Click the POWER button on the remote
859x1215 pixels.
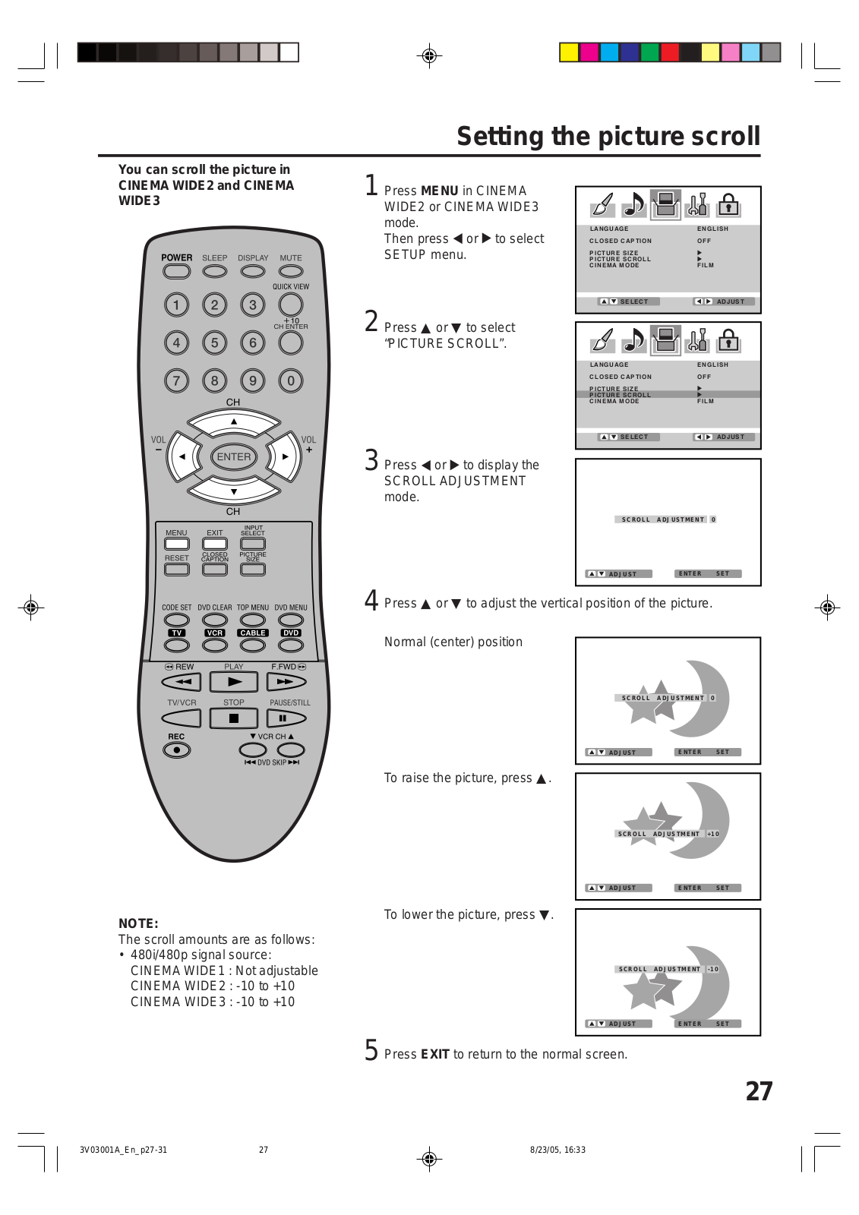(x=176, y=271)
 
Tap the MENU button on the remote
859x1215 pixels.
(x=176, y=544)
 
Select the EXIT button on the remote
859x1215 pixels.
(x=215, y=544)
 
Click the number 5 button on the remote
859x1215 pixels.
(x=215, y=343)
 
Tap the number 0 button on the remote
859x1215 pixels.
(x=291, y=381)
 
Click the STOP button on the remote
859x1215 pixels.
(x=234, y=718)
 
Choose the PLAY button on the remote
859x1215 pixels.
(x=234, y=682)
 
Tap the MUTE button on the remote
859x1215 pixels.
(x=291, y=271)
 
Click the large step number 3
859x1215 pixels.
(x=371, y=460)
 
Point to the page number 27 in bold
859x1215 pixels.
(x=759, y=1091)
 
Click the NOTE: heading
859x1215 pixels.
(x=138, y=923)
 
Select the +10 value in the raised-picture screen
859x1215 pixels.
(x=713, y=834)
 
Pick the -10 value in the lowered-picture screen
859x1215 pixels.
(x=713, y=969)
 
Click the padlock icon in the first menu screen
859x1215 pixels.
(x=728, y=204)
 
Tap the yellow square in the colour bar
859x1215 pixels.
(x=569, y=52)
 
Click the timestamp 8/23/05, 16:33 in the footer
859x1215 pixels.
(x=557, y=1150)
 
